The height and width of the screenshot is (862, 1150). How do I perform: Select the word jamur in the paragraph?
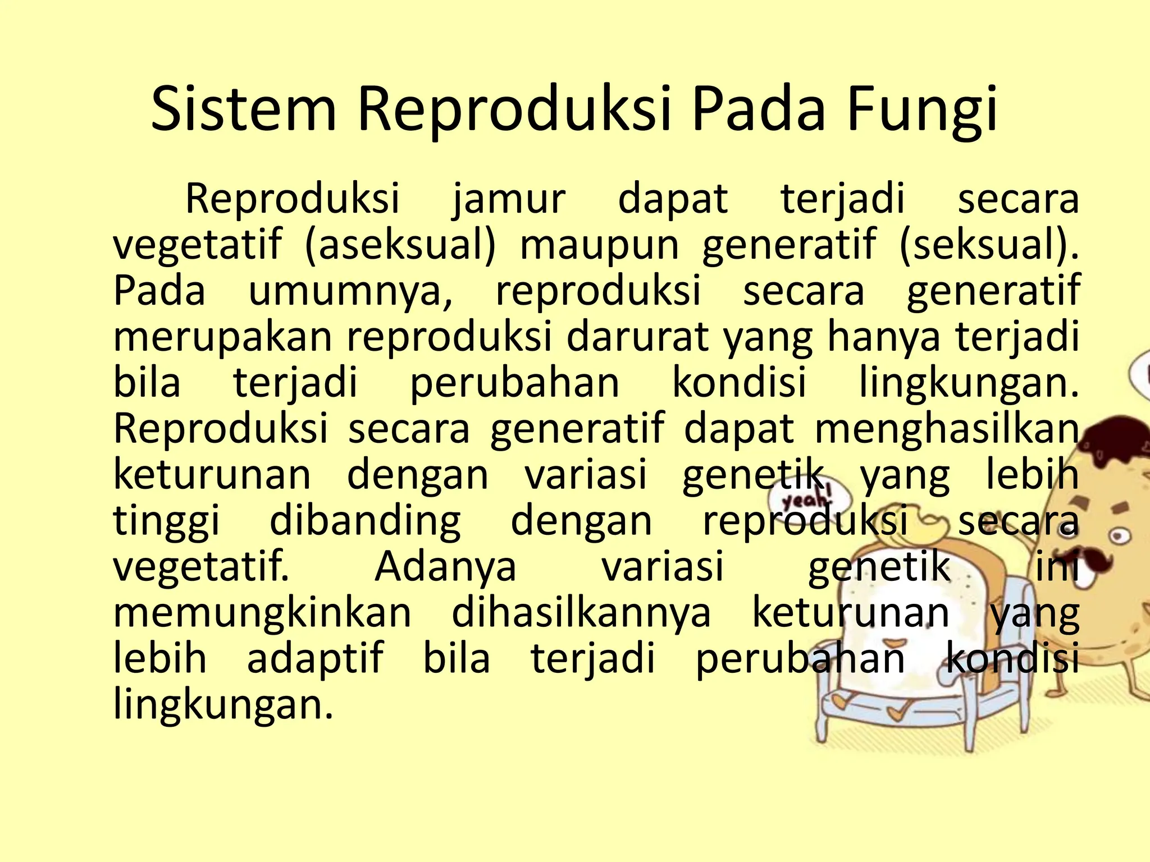(x=509, y=200)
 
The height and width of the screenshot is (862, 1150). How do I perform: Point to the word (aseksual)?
(x=400, y=246)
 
